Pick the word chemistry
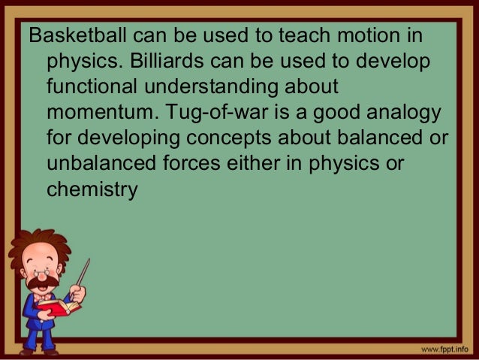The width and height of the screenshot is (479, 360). pos(92,190)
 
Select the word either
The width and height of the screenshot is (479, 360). pos(264,165)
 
